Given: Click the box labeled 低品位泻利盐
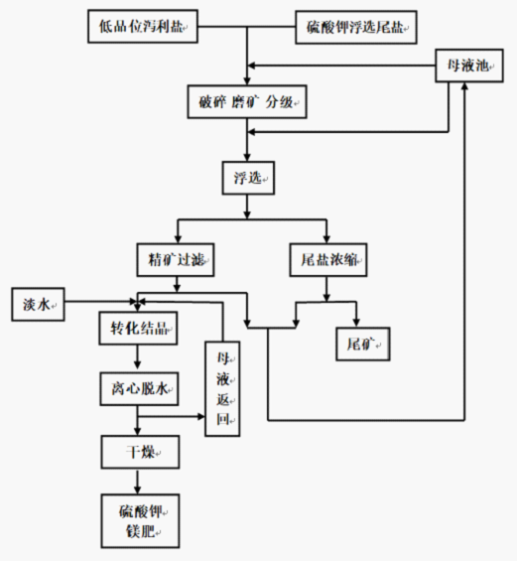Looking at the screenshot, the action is point(143,27).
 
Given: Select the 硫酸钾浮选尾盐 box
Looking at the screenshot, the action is point(356,27).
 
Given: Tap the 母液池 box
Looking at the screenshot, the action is point(469,66).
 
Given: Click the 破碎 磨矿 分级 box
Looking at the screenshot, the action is point(247,102).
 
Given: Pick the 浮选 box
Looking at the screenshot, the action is point(248,178).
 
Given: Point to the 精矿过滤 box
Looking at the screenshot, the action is point(176,260).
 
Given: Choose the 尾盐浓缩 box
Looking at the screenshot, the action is point(328,260).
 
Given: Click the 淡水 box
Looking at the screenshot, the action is point(38,304).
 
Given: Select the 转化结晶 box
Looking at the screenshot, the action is point(138,328).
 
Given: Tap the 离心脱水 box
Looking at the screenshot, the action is point(139,388).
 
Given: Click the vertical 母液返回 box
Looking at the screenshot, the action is point(222,388).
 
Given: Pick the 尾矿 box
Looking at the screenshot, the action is point(363,344).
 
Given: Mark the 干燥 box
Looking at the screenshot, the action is point(140,452).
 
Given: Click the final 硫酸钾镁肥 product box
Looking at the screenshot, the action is point(140,521).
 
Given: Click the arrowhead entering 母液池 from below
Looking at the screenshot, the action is point(464,86).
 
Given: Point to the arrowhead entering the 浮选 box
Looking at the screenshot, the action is point(247,157).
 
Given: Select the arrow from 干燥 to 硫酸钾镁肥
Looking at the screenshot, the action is point(138,482).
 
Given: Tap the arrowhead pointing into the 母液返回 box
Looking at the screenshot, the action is point(200,416).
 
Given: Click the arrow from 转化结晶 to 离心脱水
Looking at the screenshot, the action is point(138,358).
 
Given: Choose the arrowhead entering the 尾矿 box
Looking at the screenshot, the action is point(356,323).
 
